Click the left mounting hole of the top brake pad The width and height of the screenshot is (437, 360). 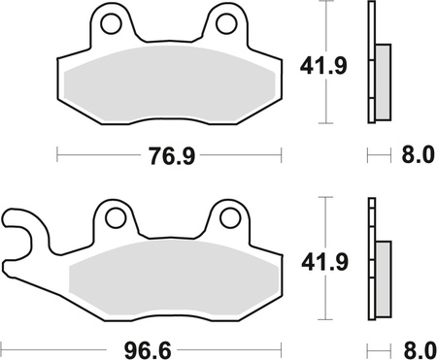click(x=111, y=22)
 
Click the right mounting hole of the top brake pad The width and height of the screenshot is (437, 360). click(x=226, y=22)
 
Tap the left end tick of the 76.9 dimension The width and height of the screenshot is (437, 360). click(x=57, y=154)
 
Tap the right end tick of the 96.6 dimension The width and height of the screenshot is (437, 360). click(x=281, y=344)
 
